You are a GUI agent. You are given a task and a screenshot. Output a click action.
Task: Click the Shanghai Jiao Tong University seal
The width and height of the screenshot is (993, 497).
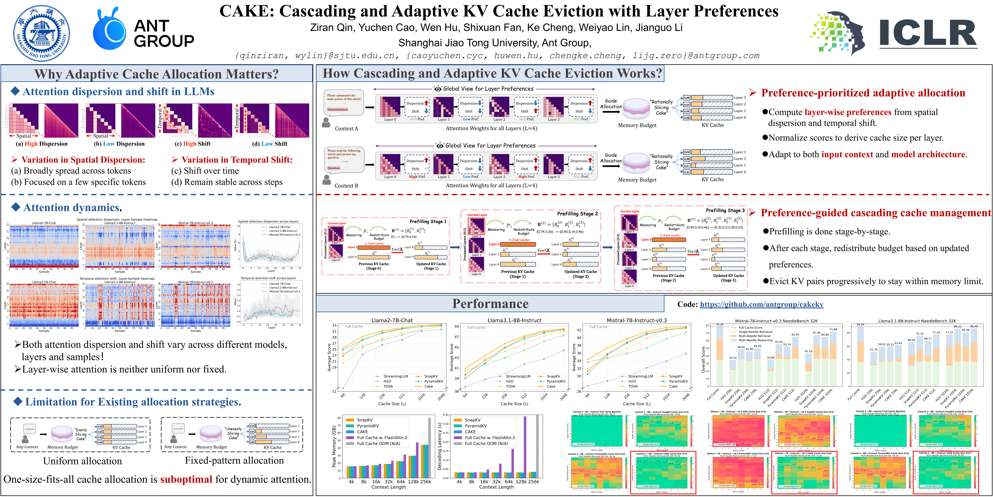click(x=42, y=33)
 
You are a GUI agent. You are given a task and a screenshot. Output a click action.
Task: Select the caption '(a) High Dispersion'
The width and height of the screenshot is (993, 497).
click(x=42, y=144)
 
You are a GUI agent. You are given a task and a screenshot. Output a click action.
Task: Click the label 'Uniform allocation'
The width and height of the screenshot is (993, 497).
click(x=82, y=461)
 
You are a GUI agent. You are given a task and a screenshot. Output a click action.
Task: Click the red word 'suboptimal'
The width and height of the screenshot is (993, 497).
click(x=186, y=479)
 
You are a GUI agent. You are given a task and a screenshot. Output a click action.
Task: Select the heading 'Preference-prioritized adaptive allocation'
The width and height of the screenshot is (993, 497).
click(x=863, y=93)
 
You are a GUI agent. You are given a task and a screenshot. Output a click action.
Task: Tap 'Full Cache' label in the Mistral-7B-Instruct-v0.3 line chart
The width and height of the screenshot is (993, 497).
click(x=598, y=327)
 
